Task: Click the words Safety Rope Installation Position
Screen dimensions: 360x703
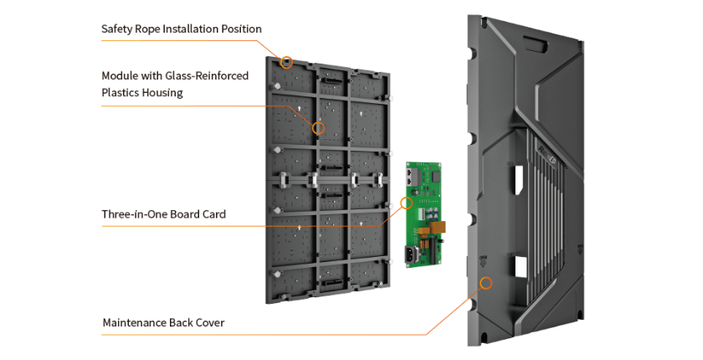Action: pyautogui.click(x=181, y=28)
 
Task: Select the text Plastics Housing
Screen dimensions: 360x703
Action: pyautogui.click(x=142, y=92)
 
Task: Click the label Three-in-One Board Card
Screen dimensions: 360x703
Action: pyautogui.click(x=163, y=214)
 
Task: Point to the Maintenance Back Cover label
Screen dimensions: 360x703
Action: pyautogui.click(x=162, y=322)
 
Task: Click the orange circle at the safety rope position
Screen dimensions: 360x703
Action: pyautogui.click(x=286, y=61)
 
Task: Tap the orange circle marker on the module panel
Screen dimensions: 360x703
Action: pyautogui.click(x=318, y=128)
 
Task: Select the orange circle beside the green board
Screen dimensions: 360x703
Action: pyautogui.click(x=408, y=203)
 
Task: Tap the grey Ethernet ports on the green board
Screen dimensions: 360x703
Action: pyautogui.click(x=413, y=178)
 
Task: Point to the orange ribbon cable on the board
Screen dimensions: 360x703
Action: pyautogui.click(x=437, y=226)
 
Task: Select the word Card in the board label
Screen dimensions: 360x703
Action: pyautogui.click(x=213, y=214)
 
